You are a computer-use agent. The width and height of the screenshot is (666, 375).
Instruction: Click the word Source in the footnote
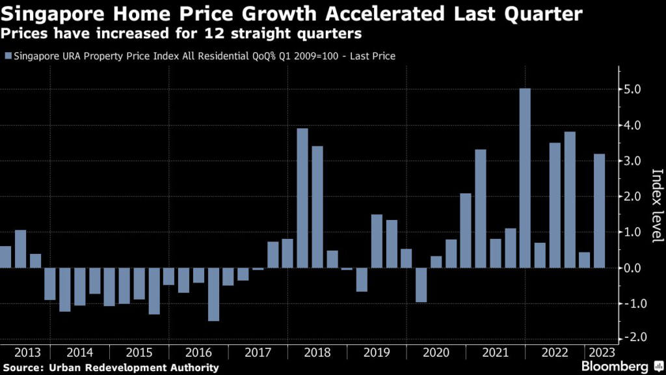pyautogui.click(x=21, y=368)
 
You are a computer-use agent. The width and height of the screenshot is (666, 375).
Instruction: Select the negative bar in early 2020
pyautogui.click(x=421, y=285)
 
